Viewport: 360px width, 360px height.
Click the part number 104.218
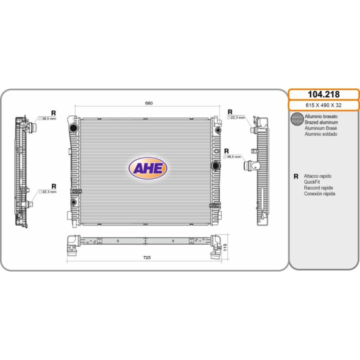coord(323,94)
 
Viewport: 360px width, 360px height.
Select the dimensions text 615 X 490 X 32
coord(323,105)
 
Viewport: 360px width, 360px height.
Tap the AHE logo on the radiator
coord(147,168)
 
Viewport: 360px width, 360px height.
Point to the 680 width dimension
coord(149,103)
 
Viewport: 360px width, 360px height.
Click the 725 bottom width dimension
coord(147,257)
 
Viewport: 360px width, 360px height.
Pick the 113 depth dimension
coord(225,247)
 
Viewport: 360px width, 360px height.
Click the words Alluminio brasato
coord(321,116)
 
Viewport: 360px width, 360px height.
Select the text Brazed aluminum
coord(321,122)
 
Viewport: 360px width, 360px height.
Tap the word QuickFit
coord(312,182)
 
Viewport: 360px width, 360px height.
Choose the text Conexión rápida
coord(319,193)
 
